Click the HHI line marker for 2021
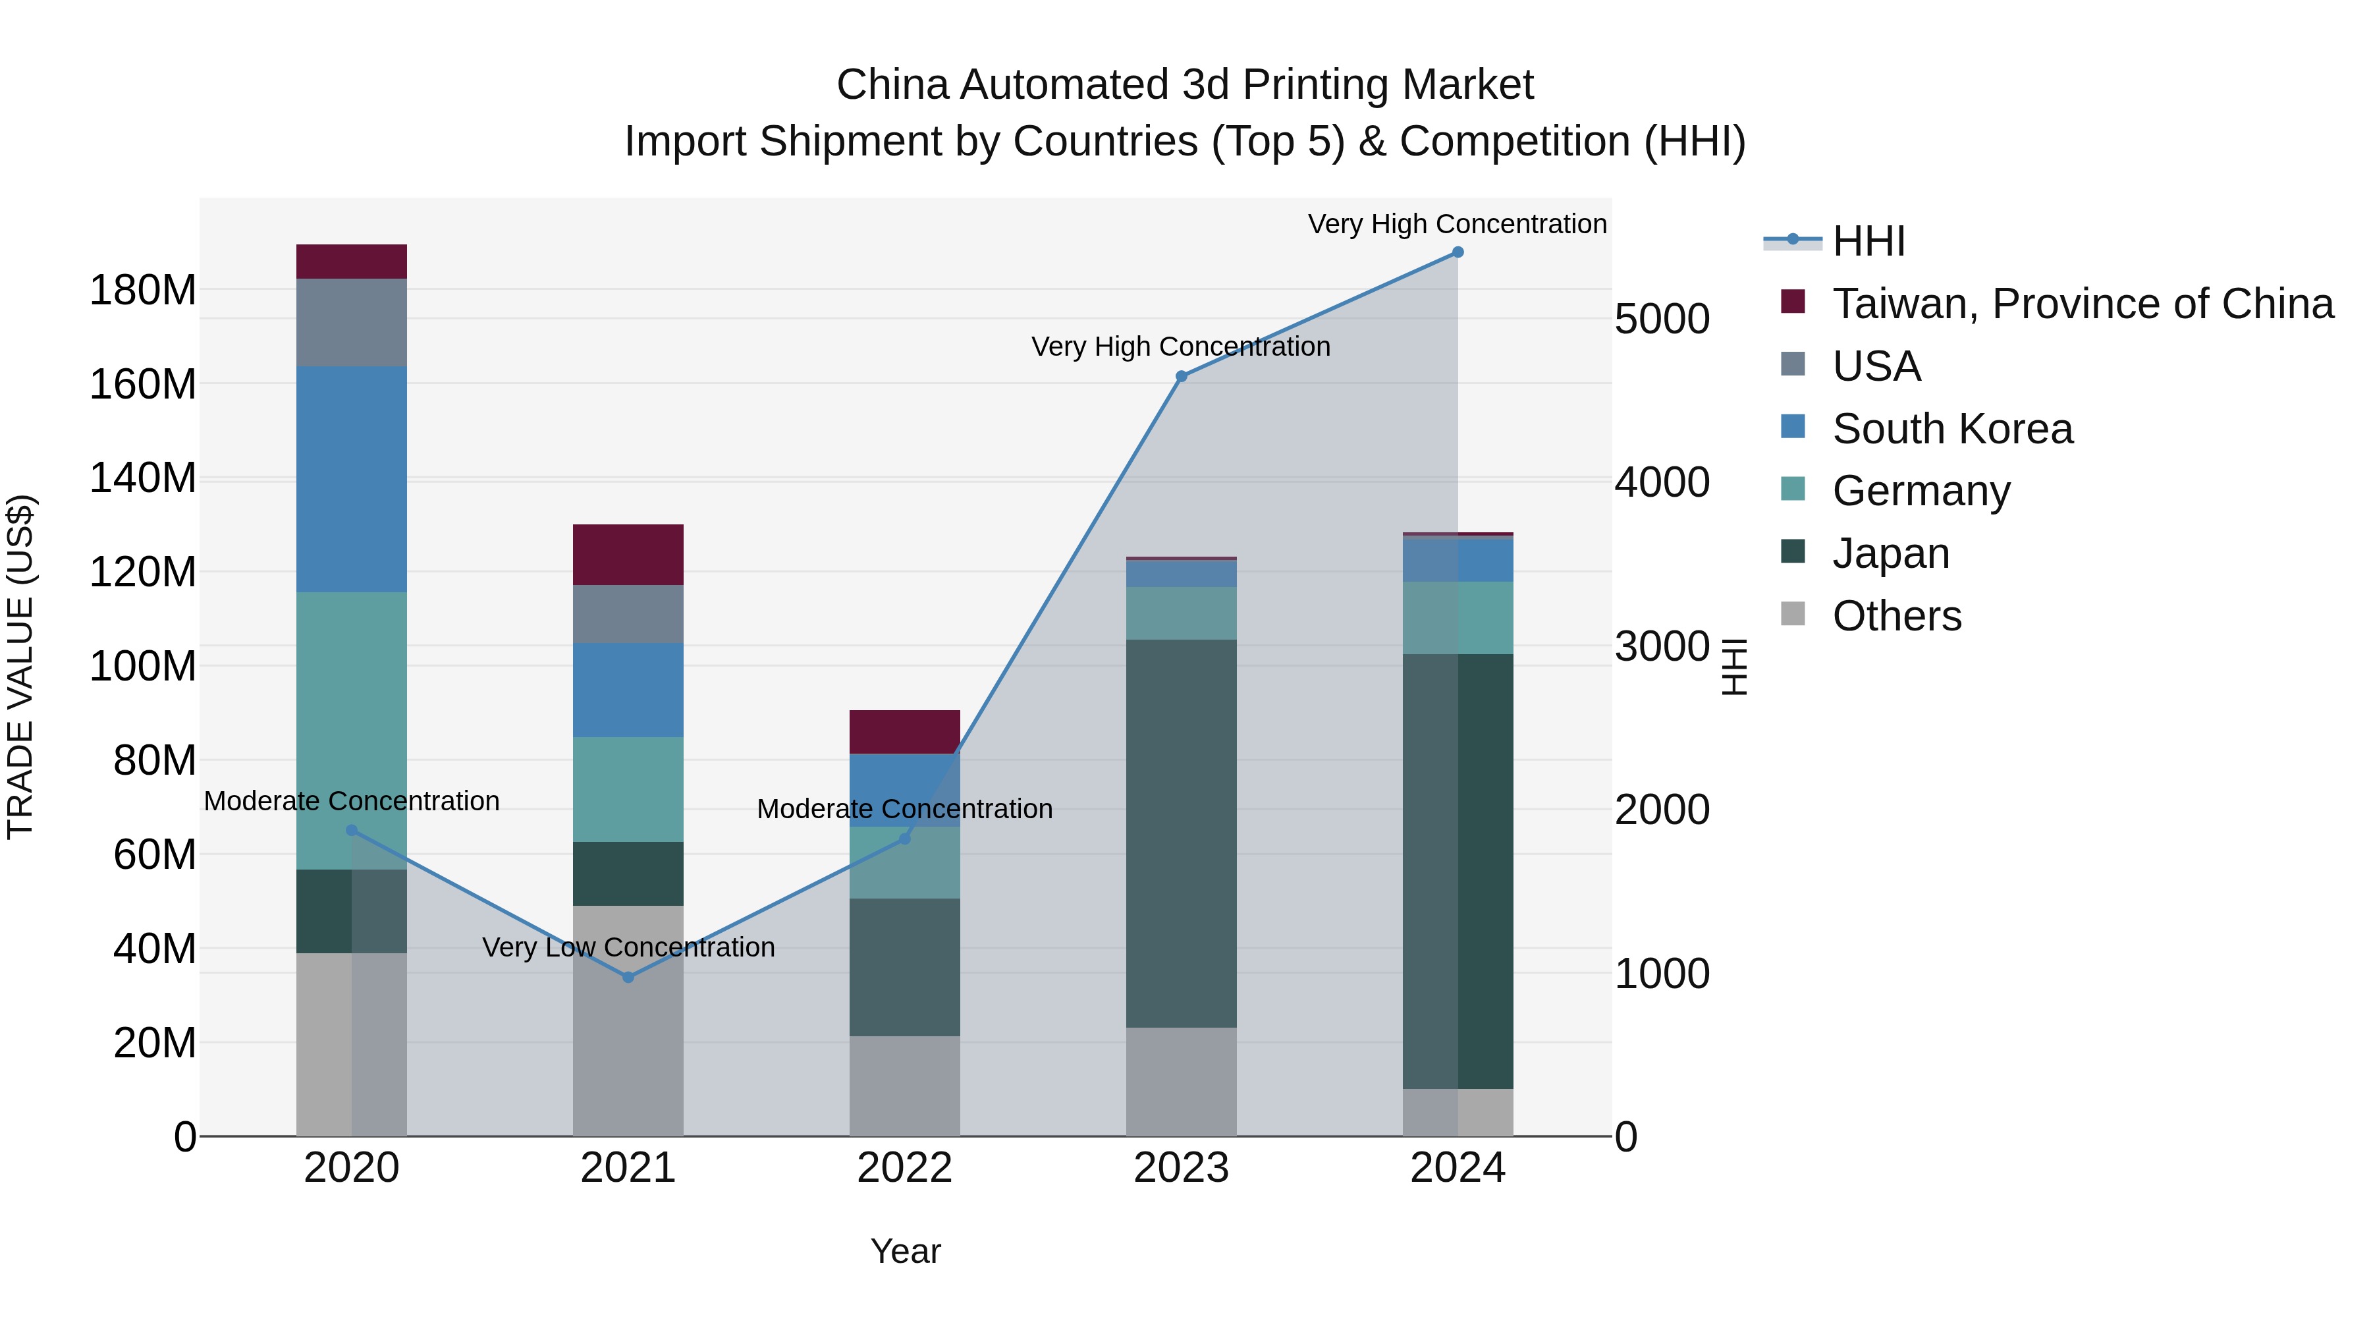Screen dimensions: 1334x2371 click(629, 977)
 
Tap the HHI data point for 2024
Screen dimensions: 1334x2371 click(1458, 252)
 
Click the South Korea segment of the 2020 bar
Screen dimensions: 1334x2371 click(352, 479)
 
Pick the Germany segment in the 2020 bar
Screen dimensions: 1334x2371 click(352, 727)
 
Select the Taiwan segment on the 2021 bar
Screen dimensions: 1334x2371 click(629, 554)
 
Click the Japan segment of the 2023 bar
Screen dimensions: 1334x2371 click(1182, 833)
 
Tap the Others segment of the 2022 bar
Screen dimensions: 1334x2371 click(905, 1086)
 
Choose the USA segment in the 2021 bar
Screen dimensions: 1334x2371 click(629, 614)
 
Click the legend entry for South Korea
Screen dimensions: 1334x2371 click(1951, 429)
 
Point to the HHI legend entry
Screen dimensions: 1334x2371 click(1868, 241)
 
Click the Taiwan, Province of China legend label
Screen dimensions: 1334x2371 click(2082, 304)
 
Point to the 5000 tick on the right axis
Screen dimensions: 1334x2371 click(1662, 320)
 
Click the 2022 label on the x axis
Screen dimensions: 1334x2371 click(905, 1168)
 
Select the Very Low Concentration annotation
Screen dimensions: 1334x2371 click(629, 947)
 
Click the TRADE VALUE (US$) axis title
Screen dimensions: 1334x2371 click(20, 667)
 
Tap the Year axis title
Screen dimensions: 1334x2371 click(906, 1251)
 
